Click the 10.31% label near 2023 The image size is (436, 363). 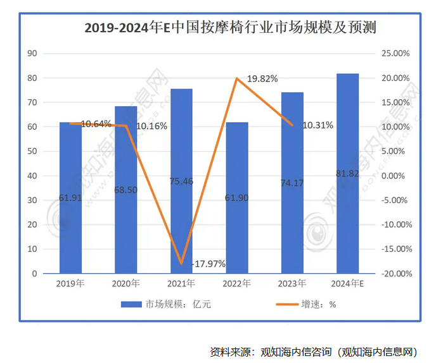[x=317, y=125]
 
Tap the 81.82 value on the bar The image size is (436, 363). [x=347, y=173]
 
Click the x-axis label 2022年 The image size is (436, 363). [x=236, y=283]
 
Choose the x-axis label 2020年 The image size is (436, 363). [x=125, y=283]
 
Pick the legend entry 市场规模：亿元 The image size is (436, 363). [x=166, y=304]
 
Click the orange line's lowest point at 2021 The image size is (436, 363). [x=181, y=263]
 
